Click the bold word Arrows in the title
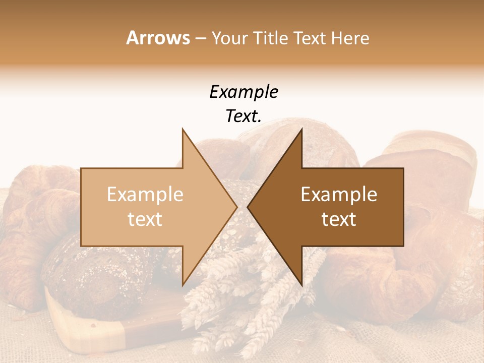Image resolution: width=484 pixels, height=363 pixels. click(157, 38)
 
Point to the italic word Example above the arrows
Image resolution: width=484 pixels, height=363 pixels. click(244, 92)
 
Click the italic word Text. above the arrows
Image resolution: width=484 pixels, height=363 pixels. click(244, 116)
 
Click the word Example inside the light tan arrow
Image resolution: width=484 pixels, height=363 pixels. click(145, 195)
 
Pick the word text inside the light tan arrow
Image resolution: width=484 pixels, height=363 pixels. click(145, 219)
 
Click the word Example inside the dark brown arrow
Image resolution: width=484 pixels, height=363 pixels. click(339, 195)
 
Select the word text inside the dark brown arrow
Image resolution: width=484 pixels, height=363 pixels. click(339, 219)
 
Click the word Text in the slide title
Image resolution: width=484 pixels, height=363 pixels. click(308, 38)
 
